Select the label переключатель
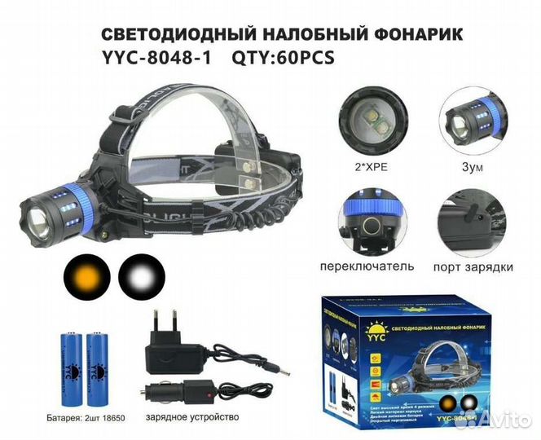click(x=369, y=266)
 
